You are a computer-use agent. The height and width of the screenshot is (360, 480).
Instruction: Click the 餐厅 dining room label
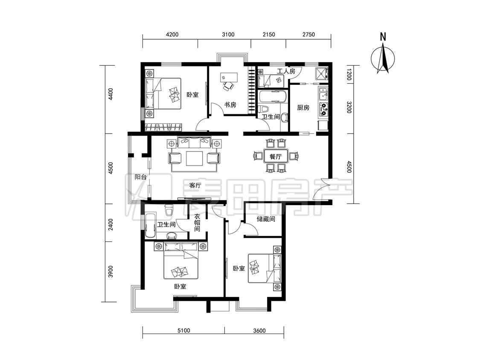coord(276,157)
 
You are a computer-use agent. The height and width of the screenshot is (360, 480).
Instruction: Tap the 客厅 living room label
coord(195,186)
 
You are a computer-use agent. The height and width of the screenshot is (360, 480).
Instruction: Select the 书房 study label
coord(230,105)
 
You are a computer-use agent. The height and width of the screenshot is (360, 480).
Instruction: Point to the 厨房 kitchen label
coord(303,107)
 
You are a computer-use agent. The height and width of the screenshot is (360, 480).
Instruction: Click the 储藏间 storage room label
coord(266,219)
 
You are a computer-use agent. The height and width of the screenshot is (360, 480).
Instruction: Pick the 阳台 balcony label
coord(141,177)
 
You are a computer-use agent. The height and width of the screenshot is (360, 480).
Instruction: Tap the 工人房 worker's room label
coord(286,71)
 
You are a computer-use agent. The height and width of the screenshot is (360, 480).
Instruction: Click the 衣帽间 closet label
coord(197,223)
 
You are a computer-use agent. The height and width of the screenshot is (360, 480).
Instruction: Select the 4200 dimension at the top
coord(172,35)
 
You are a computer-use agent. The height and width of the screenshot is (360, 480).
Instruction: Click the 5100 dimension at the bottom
coord(183,331)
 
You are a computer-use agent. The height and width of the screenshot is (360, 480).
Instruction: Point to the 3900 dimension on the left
coord(111,272)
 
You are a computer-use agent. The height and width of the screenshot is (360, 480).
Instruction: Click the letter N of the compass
coord(383,37)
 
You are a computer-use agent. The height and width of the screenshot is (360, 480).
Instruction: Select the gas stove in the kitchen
coord(323,109)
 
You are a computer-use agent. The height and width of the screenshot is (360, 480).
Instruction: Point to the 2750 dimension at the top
coord(308,35)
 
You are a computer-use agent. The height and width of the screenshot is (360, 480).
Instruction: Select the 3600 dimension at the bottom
coord(259,331)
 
